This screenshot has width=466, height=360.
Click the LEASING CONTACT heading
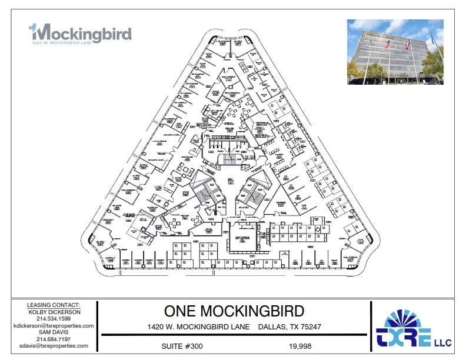coord(54,305)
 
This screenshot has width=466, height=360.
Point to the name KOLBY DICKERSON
coord(54,312)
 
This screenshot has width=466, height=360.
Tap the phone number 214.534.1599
coord(54,319)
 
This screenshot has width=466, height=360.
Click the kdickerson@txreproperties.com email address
coord(54,325)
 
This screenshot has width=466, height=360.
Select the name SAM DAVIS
coord(54,332)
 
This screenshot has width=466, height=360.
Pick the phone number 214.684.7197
coord(54,339)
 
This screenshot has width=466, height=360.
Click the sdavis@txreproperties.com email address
coord(54,346)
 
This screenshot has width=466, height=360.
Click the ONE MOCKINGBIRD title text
coord(234,311)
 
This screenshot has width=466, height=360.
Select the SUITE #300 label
coord(182,346)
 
